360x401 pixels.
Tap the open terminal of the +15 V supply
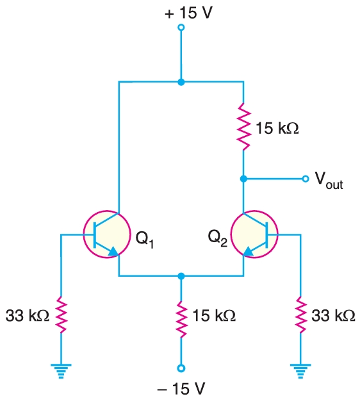pyautogui.click(x=181, y=28)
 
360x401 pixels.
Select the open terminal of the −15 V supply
pyautogui.click(x=181, y=368)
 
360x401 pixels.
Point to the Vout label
pyautogui.click(x=328, y=181)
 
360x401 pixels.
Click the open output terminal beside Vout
pyautogui.click(x=305, y=179)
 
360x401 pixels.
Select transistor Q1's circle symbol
pyautogui.click(x=106, y=234)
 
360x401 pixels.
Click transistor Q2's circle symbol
pyautogui.click(x=254, y=234)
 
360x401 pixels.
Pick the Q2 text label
pyautogui.click(x=218, y=238)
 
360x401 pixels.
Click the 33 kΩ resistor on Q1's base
pyautogui.click(x=61, y=315)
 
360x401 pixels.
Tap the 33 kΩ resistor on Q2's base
pyautogui.click(x=299, y=315)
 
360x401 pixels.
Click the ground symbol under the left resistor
pyautogui.click(x=61, y=370)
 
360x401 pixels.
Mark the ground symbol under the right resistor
pyautogui.click(x=299, y=370)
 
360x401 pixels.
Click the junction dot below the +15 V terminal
pyautogui.click(x=181, y=82)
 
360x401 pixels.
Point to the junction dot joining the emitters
pyautogui.click(x=181, y=276)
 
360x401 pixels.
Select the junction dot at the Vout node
pyautogui.click(x=243, y=179)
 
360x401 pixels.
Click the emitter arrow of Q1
pyautogui.click(x=113, y=252)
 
